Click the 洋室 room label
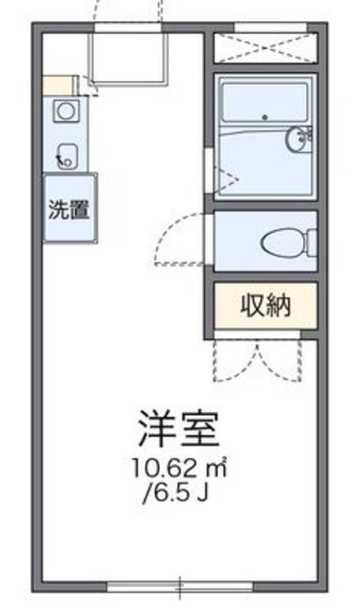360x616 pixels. tap(179, 427)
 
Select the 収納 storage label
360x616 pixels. tap(265, 306)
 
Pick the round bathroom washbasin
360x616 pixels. tap(299, 140)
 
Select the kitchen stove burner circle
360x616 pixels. tap(66, 111)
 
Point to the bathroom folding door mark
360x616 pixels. tap(225, 176)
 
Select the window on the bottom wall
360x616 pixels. tap(180, 584)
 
